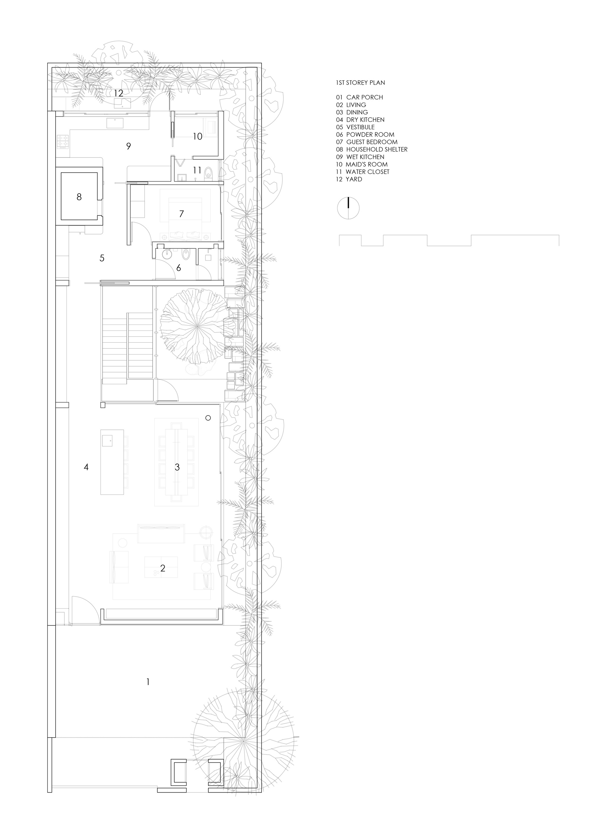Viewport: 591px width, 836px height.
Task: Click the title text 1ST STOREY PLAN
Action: [x=360, y=83]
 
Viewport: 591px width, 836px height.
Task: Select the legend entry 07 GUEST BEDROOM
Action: [x=366, y=142]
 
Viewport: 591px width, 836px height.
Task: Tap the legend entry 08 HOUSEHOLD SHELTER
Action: [x=371, y=149]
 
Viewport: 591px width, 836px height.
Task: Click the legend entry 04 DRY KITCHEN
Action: [x=360, y=120]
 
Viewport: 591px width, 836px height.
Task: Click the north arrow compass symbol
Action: [x=348, y=209]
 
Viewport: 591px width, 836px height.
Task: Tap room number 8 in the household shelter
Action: [x=79, y=197]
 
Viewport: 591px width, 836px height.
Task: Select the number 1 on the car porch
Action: [x=148, y=682]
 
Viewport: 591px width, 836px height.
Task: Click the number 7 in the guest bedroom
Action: [x=181, y=214]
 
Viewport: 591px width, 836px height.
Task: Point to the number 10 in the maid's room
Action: [x=197, y=137]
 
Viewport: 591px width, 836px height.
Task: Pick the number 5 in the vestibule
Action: [x=102, y=258]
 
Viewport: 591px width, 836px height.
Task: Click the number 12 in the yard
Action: [x=118, y=93]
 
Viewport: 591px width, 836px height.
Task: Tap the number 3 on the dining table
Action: [x=177, y=467]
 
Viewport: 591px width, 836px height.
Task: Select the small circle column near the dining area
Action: [x=208, y=418]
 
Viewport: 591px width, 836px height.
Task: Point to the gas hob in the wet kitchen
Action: [x=63, y=142]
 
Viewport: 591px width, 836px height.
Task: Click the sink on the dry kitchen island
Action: [x=107, y=440]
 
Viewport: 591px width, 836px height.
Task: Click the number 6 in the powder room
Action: [x=178, y=268]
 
